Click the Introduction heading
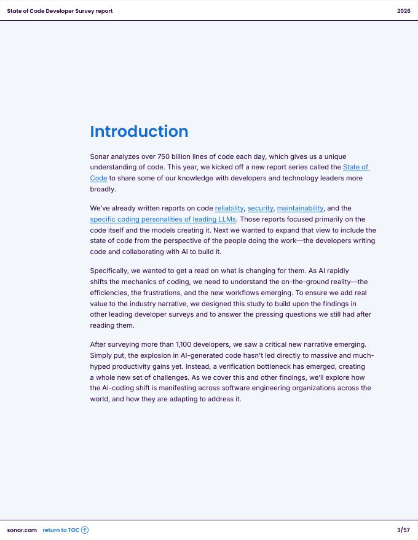pyautogui.click(x=139, y=131)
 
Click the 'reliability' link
pyautogui.click(x=229, y=208)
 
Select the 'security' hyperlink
pyautogui.click(x=261, y=208)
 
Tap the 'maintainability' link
pyautogui.click(x=300, y=208)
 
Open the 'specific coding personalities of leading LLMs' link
pyautogui.click(x=163, y=219)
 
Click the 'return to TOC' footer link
pyautogui.click(x=61, y=530)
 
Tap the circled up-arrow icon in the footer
pyautogui.click(x=85, y=530)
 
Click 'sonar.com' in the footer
pyautogui.click(x=22, y=530)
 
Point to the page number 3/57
pyautogui.click(x=403, y=530)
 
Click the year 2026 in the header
pyautogui.click(x=403, y=11)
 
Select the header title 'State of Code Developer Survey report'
pyautogui.click(x=60, y=11)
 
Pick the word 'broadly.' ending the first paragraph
pyautogui.click(x=103, y=189)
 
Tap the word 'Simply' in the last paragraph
pyautogui.click(x=101, y=355)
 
